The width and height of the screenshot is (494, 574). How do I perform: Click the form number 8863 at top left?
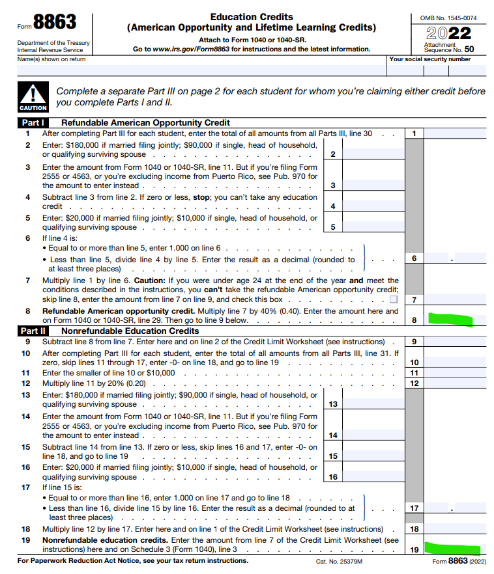(55, 22)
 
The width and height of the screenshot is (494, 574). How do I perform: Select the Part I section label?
(33, 122)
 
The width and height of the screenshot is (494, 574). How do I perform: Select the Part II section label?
(34, 331)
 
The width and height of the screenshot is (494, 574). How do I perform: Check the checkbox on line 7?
(393, 300)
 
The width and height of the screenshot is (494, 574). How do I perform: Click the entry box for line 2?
(372, 154)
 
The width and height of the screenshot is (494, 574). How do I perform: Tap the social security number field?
(437, 68)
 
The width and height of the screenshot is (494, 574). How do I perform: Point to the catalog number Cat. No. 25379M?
(340, 561)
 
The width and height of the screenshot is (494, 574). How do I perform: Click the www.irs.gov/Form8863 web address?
(192, 49)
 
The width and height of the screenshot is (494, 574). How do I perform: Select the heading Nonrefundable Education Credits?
(130, 331)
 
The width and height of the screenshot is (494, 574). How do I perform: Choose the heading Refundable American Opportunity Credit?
(145, 122)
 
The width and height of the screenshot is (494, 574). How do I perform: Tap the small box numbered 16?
(332, 477)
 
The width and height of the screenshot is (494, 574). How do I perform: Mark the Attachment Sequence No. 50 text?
(450, 48)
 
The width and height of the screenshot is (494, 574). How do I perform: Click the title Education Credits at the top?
(252, 17)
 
